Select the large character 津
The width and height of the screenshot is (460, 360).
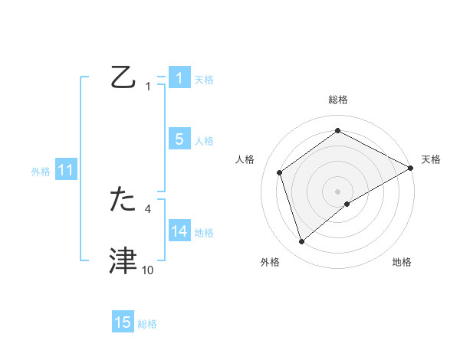tap(123, 261)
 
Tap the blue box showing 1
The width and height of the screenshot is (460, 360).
tap(179, 78)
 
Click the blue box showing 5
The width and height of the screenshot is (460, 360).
tap(179, 139)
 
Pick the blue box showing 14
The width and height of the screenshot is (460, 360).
tap(179, 231)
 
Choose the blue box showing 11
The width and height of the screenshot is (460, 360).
tap(65, 170)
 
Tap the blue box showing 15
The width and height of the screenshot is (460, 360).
tap(123, 322)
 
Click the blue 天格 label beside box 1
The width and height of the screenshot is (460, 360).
tap(204, 79)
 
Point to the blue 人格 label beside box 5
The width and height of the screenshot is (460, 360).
tap(204, 140)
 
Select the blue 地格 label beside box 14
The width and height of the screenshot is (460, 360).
tap(204, 232)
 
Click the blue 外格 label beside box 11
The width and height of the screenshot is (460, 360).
tap(41, 171)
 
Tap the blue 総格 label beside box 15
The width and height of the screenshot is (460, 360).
tap(147, 323)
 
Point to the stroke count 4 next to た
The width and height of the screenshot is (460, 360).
tap(148, 208)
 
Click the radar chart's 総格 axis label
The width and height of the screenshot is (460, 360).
tap(337, 100)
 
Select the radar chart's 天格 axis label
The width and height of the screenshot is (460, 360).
tap(431, 159)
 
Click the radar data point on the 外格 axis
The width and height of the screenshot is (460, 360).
tap(302, 242)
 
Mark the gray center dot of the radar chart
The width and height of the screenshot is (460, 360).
tap(337, 191)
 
